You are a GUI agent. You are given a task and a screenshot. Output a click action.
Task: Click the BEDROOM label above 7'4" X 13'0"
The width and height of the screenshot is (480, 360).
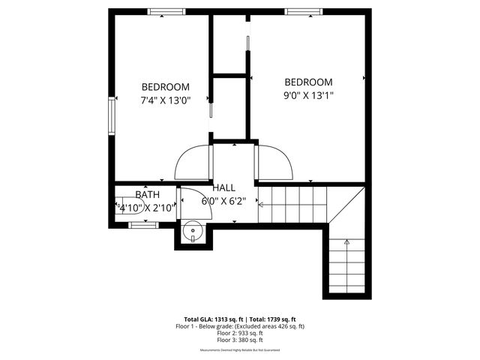point(165,87)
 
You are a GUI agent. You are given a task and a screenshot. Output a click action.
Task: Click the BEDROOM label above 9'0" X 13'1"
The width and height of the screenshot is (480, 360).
point(307,82)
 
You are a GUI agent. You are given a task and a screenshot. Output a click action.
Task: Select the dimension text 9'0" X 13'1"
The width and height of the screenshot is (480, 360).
point(307,95)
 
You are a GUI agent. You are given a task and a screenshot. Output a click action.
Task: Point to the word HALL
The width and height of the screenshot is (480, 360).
point(223,187)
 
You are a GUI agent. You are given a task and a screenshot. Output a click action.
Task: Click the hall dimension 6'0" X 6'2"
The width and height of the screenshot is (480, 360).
point(223,201)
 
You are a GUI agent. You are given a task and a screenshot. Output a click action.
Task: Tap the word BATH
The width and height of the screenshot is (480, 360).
point(147,195)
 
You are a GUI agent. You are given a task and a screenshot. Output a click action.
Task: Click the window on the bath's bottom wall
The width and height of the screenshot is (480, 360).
point(142,223)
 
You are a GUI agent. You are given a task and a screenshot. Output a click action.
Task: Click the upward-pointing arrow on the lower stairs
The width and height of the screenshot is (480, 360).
point(346,242)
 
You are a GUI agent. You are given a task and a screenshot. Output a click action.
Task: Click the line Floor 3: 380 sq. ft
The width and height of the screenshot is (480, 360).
point(240,340)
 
